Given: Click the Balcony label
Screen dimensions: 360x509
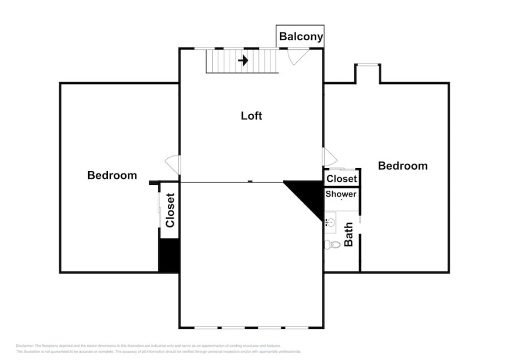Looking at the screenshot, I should click(300, 37).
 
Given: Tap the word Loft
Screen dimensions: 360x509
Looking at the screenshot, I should click(251, 116).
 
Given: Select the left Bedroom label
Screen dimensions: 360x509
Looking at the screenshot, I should click(112, 175).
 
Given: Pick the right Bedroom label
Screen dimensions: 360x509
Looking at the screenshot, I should click(402, 166).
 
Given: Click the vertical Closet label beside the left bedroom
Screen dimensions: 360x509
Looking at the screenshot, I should click(170, 210).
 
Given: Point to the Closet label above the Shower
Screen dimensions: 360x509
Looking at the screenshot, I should click(342, 179).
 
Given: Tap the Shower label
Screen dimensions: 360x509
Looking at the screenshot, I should click(341, 194).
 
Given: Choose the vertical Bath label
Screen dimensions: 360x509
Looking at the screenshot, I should click(348, 234).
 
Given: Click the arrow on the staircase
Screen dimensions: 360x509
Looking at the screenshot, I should click(243, 61).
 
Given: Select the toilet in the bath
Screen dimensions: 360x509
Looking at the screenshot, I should click(332, 244).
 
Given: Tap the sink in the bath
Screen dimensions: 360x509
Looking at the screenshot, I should click(330, 223).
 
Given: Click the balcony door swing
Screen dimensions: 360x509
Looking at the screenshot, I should click(297, 56).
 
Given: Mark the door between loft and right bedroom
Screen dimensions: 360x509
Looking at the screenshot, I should click(329, 157).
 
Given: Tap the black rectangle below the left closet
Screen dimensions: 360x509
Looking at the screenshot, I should click(169, 255).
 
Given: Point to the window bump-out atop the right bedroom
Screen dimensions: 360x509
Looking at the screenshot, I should click(367, 73).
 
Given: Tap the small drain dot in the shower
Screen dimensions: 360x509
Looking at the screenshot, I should click(342, 200).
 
